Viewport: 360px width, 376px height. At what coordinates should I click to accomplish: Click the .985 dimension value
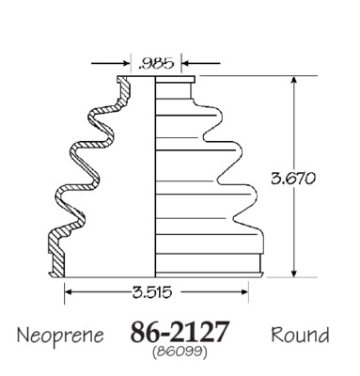coord(156,64)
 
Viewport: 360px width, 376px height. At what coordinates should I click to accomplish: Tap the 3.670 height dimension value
coord(292,179)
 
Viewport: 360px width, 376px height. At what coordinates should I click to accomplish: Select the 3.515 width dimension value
coord(152,292)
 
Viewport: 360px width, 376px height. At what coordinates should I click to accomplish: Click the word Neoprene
coord(60,336)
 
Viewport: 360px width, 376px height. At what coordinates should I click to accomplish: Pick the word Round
coord(300,335)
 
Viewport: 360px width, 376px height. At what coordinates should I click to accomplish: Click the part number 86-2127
coord(180,332)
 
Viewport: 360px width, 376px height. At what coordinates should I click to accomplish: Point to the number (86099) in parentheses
coord(180,352)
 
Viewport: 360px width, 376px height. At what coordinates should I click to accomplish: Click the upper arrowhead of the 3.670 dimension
coord(293,80)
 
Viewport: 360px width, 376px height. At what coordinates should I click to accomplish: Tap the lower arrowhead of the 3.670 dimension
coord(293,274)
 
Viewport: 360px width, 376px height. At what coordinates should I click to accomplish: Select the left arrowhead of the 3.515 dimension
coord(69,292)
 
